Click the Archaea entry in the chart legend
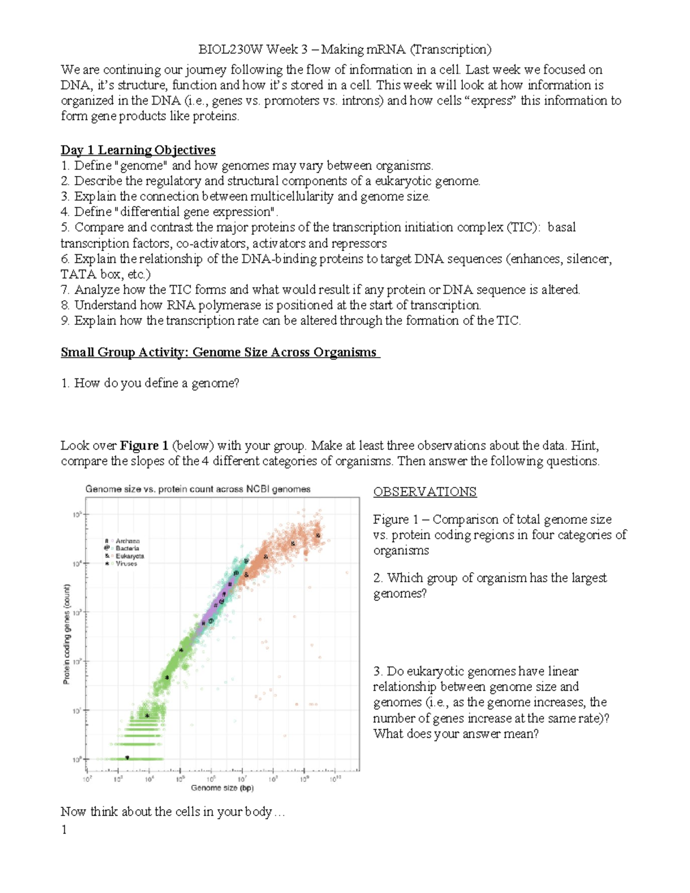point(127,541)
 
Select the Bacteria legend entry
point(127,549)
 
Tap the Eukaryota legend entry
point(129,556)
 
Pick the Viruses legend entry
point(126,564)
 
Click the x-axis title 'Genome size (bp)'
point(222,788)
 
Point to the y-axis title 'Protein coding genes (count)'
point(67,634)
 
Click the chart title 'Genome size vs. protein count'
point(198,489)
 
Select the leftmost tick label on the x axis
point(87,779)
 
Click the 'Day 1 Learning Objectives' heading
point(138,150)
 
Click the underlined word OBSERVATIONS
point(424,492)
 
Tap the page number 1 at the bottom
point(64,829)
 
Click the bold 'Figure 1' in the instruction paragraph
point(144,446)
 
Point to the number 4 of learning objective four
point(64,212)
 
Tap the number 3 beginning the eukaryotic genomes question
point(377,672)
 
